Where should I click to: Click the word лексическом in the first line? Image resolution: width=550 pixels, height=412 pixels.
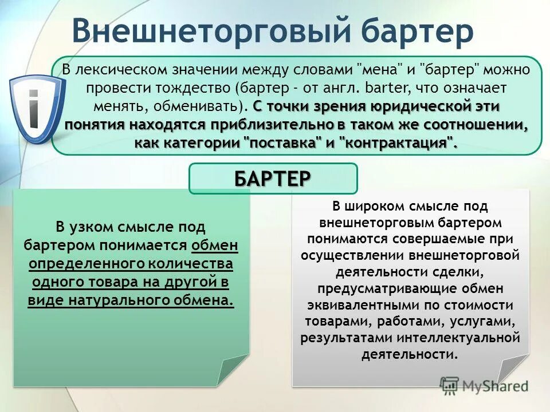(x=118, y=70)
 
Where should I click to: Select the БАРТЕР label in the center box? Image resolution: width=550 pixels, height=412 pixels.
(x=273, y=178)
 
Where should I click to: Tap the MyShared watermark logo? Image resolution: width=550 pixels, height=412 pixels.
(x=484, y=385)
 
